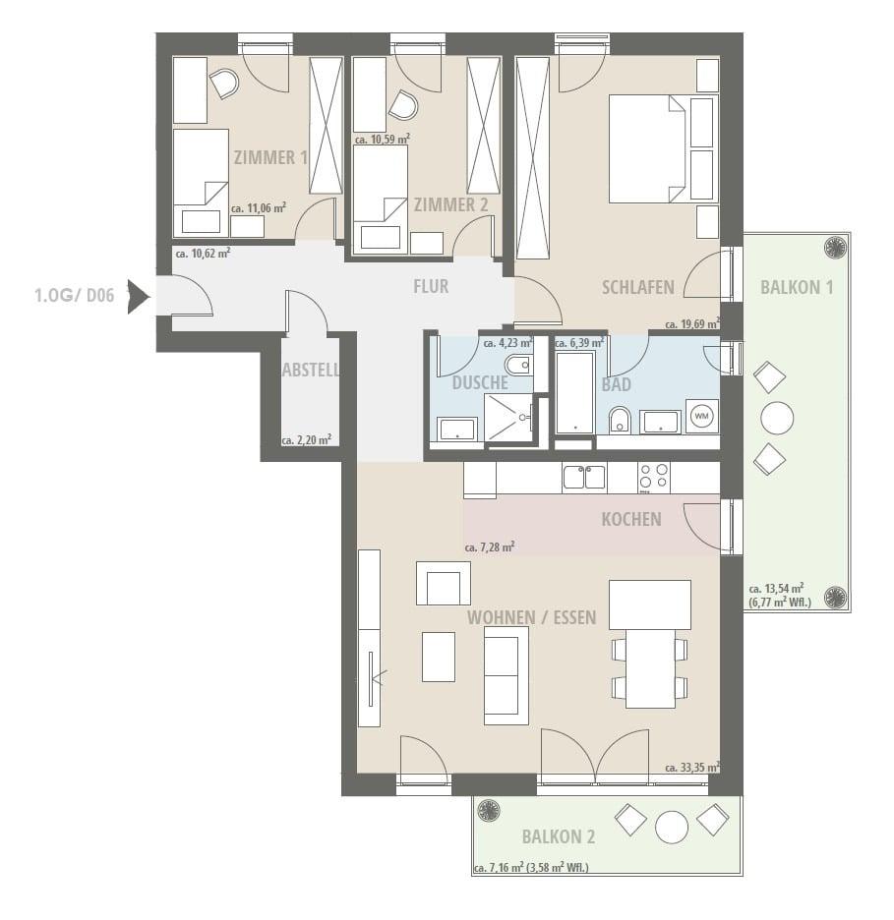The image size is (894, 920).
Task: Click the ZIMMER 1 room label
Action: pyautogui.click(x=270, y=157)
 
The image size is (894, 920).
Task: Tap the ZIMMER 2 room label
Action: pyautogui.click(x=450, y=204)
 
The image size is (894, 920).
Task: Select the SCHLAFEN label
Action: pyautogui.click(x=637, y=287)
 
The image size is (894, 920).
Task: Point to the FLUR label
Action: pyautogui.click(x=431, y=286)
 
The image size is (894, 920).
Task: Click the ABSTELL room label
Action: pyautogui.click(x=311, y=371)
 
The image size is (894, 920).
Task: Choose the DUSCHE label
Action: pyautogui.click(x=480, y=383)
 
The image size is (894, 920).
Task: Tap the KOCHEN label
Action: pyautogui.click(x=631, y=519)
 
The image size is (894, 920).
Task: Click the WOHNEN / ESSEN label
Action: pyautogui.click(x=531, y=617)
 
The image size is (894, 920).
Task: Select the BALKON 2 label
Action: pyautogui.click(x=559, y=836)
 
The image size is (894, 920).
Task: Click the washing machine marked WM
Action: pyautogui.click(x=702, y=416)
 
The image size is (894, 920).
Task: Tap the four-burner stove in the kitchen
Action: pyautogui.click(x=654, y=477)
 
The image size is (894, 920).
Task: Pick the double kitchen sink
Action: pyautogui.click(x=584, y=477)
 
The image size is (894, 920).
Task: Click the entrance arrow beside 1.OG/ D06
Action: pyautogui.click(x=139, y=296)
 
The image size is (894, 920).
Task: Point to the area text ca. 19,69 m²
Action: pyautogui.click(x=692, y=324)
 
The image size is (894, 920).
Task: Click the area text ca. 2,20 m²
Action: pyautogui.click(x=307, y=440)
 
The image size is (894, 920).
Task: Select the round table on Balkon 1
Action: pyautogui.click(x=777, y=418)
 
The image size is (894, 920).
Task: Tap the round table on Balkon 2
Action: pyautogui.click(x=672, y=828)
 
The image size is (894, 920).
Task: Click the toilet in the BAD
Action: pyautogui.click(x=620, y=419)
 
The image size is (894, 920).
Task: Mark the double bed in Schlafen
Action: pyautogui.click(x=647, y=148)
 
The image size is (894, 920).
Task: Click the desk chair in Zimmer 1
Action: pyautogui.click(x=224, y=84)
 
